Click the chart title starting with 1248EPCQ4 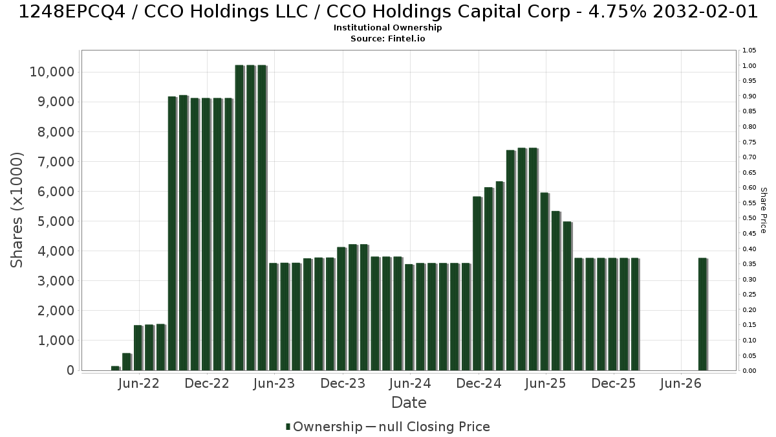pos(388,12)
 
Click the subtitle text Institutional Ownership pos(387,28)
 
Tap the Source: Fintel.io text pos(387,38)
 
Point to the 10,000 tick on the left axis pos(52,72)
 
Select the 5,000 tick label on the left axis pos(56,221)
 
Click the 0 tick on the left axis pos(70,370)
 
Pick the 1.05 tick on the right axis pos(749,50)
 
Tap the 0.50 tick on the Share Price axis pos(749,218)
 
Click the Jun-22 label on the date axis pos(138,383)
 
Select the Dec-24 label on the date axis pos(479,383)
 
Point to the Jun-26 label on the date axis pos(681,383)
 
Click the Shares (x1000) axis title pos(17,210)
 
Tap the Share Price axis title pos(763,210)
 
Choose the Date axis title pos(409,403)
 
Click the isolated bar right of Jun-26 pos(702,314)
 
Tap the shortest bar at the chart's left pos(115,368)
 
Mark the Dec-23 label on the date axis pos(343,383)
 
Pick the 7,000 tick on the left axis pos(56,162)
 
